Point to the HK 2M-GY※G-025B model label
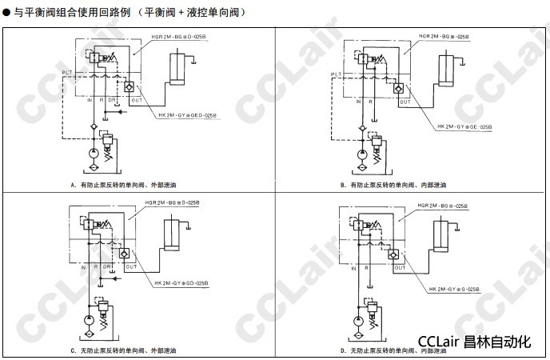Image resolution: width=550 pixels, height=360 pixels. [456, 289]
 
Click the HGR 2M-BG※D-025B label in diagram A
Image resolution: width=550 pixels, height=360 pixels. [181, 35]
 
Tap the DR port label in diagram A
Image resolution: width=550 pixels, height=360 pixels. [112, 99]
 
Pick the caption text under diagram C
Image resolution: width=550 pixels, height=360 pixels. [126, 350]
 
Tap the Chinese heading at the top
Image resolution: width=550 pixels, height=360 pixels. [124, 13]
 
